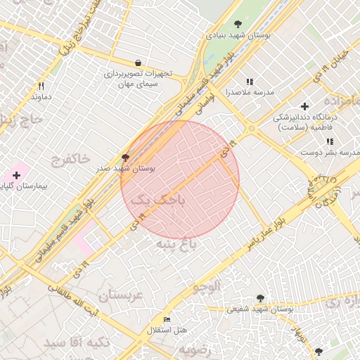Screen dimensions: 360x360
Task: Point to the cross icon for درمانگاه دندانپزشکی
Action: (304, 105)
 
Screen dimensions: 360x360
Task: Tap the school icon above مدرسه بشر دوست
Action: (329, 142)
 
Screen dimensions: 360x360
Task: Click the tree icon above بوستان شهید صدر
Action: (125, 158)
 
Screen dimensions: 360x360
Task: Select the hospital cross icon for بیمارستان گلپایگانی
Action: (16, 174)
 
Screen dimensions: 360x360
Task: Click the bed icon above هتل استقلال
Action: (167, 320)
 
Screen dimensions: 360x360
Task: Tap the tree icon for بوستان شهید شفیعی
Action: (261, 298)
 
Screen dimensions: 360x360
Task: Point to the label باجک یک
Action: (160, 200)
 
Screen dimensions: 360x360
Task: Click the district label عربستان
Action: (120, 295)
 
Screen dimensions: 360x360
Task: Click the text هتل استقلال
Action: (167, 330)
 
